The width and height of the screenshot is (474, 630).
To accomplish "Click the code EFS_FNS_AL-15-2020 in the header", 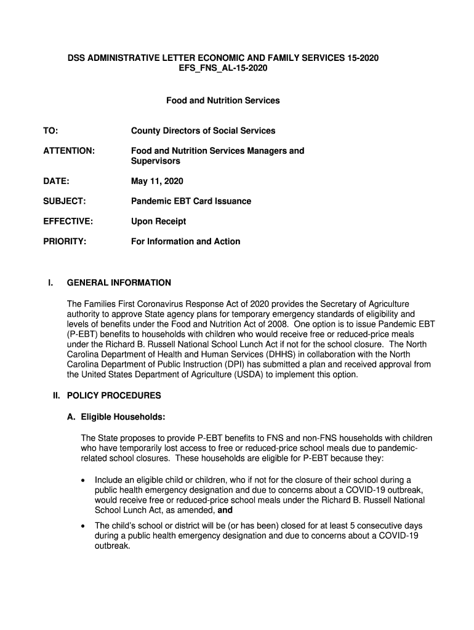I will pos(223,68).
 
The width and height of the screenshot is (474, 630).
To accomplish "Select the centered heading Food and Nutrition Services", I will pos(223,100).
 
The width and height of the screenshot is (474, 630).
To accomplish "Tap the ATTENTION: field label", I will pos(69,151).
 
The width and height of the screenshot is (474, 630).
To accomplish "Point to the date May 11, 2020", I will pos(157,181).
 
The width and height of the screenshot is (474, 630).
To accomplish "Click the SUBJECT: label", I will pos(64,201).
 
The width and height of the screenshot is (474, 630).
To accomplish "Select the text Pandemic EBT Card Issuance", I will pos(191,201).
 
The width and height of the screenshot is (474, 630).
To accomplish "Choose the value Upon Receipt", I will pos(158,221).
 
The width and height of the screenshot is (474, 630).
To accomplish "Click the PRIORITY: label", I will pos(64,242).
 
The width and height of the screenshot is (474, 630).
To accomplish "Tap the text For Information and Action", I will pos(185,242).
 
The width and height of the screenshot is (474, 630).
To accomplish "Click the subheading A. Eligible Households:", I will pos(116,417).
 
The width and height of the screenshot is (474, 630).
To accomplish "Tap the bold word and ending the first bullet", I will pos(225,511).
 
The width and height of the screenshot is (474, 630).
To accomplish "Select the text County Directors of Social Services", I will pos(203,130).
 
